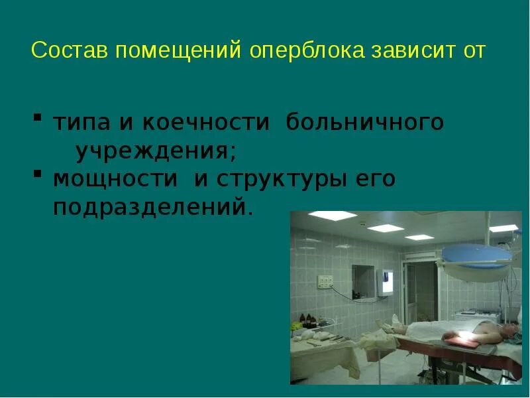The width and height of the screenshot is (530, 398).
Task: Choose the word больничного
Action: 365,123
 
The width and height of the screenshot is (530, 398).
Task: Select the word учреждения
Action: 156,151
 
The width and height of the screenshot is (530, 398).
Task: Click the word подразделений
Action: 153,208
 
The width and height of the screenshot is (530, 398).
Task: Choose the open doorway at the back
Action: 417,292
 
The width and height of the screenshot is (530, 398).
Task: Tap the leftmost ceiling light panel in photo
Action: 332,215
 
